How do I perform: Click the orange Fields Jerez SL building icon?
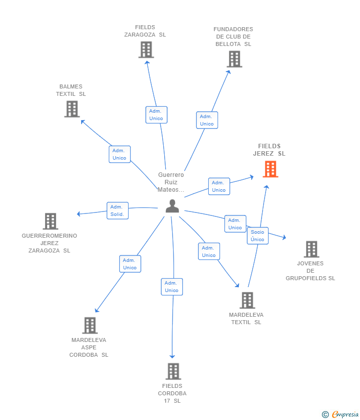click(270, 169)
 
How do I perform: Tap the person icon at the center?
click(172, 206)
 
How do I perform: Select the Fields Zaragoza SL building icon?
click(146, 50)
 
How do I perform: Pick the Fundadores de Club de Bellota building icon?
click(234, 59)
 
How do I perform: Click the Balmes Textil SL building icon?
click(72, 109)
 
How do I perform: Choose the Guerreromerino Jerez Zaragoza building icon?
click(50, 221)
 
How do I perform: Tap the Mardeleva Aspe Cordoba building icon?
click(90, 326)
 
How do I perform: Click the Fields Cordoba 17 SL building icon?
click(173, 372)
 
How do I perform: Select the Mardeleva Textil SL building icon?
click(247, 300)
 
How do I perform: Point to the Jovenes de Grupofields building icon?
click(311, 250)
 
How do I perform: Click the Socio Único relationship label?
click(257, 236)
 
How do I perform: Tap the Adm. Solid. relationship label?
click(117, 210)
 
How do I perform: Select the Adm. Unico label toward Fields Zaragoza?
click(156, 115)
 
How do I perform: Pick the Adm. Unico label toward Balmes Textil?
click(119, 154)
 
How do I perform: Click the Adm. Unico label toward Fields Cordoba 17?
click(172, 287)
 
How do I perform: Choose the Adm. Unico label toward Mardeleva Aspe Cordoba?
click(130, 264)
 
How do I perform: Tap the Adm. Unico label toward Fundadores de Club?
click(207, 120)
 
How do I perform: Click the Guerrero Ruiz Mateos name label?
click(171, 182)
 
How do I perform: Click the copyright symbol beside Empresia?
click(325, 415)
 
